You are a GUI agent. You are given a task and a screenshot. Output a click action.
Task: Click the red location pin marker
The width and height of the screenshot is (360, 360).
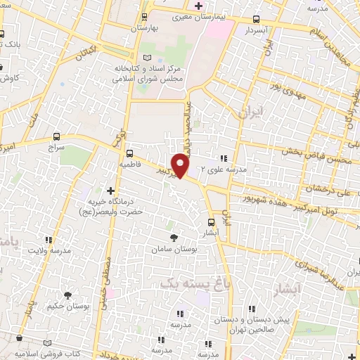point(181,166)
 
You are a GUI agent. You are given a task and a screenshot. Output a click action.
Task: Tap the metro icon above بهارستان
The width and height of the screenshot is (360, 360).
point(145,16)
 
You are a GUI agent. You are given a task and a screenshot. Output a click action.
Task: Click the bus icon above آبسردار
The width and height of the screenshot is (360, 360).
point(256,20)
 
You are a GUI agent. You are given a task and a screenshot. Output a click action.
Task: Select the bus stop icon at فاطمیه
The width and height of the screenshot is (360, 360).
point(129,153)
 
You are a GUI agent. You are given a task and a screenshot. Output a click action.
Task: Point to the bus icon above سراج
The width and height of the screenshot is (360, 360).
point(57,137)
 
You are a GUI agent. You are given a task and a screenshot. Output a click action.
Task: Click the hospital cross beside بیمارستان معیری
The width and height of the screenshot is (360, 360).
point(199,6)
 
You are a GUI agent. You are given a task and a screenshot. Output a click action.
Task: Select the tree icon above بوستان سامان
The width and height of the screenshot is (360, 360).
point(174,237)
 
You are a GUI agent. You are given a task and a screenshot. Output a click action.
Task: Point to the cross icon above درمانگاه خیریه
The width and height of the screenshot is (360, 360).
point(110,190)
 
